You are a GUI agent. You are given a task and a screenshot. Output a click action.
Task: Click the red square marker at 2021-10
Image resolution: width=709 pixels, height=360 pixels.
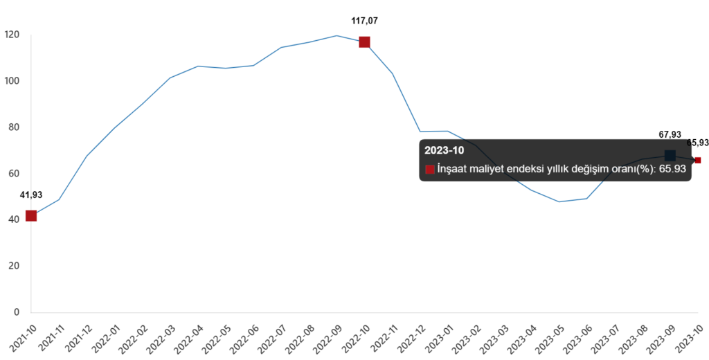coord(30,215)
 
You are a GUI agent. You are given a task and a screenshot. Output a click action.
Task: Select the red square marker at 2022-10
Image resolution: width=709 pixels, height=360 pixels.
coord(364,42)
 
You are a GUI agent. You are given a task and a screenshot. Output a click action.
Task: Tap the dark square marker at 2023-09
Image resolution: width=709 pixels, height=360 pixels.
coord(670,156)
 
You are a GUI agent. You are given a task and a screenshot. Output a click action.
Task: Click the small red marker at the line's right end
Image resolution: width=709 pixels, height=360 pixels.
coord(698,160)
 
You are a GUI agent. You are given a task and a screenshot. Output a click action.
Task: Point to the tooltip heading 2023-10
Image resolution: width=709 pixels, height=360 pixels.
coord(444,150)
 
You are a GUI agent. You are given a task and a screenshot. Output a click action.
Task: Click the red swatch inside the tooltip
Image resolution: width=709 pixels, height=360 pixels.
coord(430,169)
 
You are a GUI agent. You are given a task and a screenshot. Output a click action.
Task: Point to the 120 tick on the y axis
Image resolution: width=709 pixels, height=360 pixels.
coord(12,35)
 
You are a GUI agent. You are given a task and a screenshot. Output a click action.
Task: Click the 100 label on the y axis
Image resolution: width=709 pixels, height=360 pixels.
coord(12,81)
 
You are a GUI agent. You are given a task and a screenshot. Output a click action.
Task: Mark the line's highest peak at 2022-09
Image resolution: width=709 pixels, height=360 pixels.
coord(336,35)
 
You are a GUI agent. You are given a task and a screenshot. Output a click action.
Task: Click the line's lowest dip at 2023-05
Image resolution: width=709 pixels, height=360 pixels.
coord(559,201)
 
